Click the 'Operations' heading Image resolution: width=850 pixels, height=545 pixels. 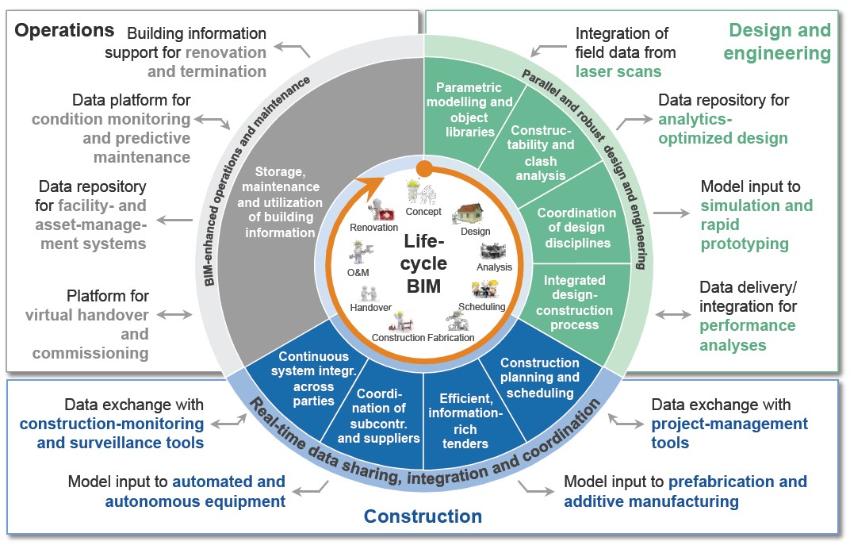pos(65,31)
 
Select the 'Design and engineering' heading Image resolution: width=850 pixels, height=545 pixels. pos(779,42)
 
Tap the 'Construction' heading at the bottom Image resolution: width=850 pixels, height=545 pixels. pos(423,516)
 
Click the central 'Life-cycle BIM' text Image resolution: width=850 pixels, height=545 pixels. pos(424,263)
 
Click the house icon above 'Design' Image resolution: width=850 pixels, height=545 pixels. pos(471,214)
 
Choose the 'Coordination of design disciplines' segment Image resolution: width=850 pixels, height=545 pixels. pos(576,228)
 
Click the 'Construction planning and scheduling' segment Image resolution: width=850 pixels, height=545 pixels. pos(539,378)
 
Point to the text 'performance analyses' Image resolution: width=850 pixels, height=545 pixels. pos(747,336)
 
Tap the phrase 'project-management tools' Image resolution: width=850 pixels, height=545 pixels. pos(729,433)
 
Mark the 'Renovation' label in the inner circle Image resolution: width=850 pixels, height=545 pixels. pos(373,228)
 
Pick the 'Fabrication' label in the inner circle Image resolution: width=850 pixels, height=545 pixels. pos(451,338)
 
